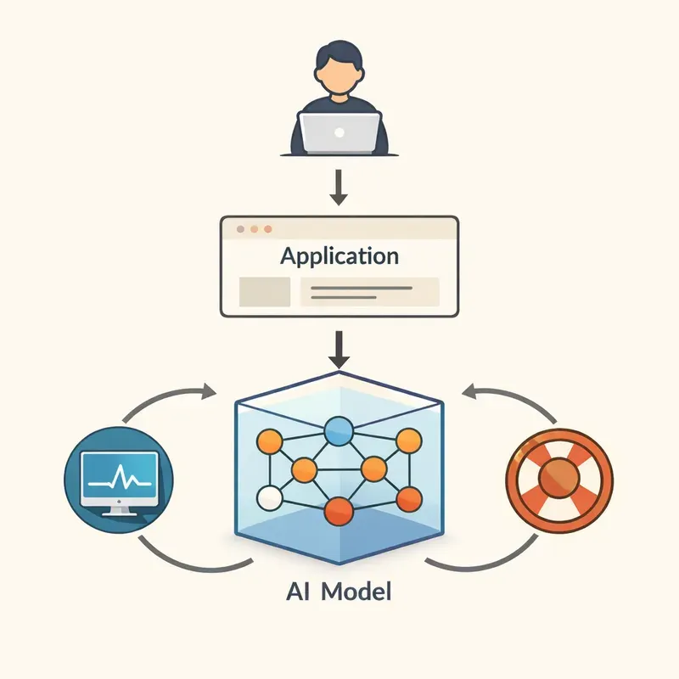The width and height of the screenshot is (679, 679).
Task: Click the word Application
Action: click(x=339, y=256)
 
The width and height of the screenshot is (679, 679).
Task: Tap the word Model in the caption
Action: click(x=356, y=591)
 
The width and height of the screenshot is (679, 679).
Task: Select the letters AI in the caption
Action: click(x=298, y=591)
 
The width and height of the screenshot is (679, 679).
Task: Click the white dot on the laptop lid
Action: click(x=339, y=132)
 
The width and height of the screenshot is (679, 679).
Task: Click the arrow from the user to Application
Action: click(x=339, y=187)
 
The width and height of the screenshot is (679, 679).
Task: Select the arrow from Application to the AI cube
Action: click(x=339, y=350)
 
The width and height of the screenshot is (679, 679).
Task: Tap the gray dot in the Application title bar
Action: click(x=240, y=229)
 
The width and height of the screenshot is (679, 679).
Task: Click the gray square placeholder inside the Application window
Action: click(x=265, y=292)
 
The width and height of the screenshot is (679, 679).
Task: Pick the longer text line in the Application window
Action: click(x=362, y=288)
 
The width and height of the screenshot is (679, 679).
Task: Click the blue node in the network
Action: click(x=339, y=431)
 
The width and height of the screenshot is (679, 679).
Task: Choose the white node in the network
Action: click(x=269, y=498)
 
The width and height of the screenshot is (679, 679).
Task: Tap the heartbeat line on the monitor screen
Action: click(x=120, y=479)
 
